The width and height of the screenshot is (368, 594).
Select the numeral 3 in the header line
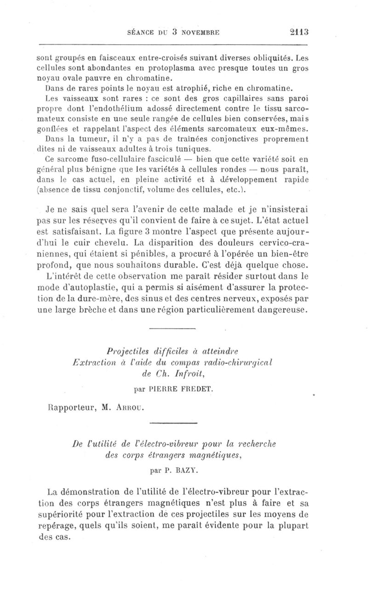click(174, 32)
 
